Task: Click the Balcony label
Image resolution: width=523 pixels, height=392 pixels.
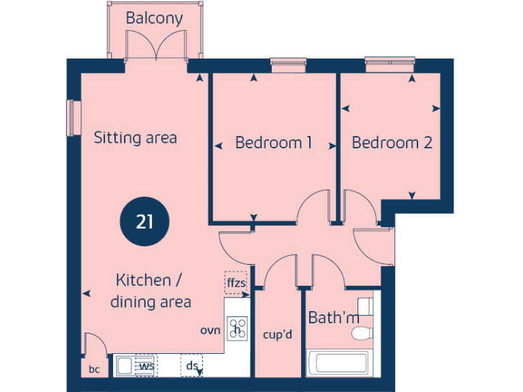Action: pos(154,18)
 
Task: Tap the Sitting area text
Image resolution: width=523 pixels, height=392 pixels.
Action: pos(135,138)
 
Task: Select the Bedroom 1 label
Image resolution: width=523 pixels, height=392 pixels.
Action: pos(273,143)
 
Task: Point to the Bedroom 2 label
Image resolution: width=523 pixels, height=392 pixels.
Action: pos(392,143)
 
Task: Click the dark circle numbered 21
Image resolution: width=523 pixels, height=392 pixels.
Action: pos(144,222)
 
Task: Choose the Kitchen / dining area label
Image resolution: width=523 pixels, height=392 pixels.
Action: pos(150,291)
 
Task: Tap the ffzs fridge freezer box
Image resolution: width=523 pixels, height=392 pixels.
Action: pos(236,282)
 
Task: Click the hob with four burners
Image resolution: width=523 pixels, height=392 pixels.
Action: pos(237,329)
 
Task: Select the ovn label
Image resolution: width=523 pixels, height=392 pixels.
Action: pos(210,331)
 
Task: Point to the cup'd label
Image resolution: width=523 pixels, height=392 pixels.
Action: pos(277,335)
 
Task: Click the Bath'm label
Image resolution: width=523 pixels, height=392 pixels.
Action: pos(334,318)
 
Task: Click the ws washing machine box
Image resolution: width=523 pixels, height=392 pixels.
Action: pos(145,365)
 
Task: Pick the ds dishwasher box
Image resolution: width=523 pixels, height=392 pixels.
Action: pos(192,366)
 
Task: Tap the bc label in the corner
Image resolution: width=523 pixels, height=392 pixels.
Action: pos(94,370)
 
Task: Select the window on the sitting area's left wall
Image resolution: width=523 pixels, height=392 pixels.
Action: pos(70,118)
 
